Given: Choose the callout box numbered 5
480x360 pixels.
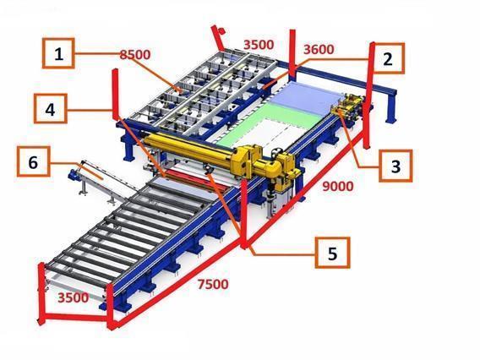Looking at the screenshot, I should (x=332, y=252).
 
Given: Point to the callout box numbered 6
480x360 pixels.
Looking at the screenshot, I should (x=33, y=161).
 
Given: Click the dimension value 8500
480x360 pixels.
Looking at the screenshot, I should (x=134, y=55).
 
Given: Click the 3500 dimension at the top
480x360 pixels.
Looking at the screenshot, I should (x=258, y=42).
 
